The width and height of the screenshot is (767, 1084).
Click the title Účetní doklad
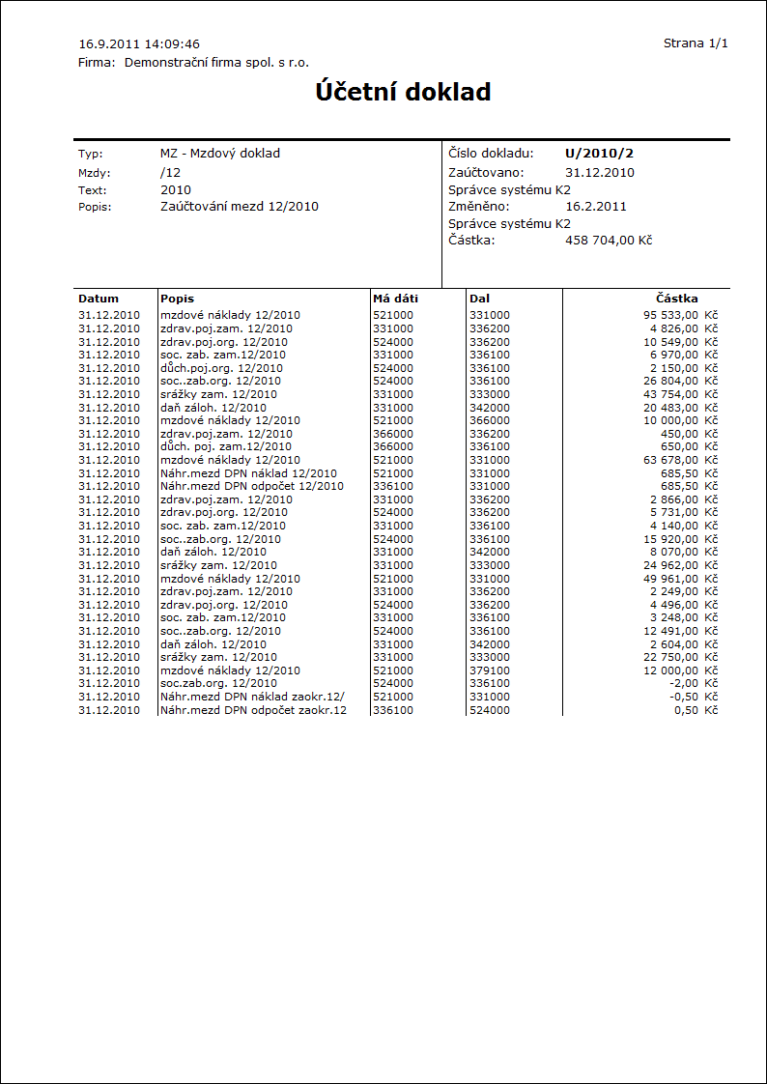403,92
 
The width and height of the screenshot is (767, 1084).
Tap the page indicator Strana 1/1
696,43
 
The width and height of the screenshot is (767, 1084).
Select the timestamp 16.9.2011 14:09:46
139,43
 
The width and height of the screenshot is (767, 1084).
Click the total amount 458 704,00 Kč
609,240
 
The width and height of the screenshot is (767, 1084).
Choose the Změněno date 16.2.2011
596,206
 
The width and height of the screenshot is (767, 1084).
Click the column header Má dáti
395,299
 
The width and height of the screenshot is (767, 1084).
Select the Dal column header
479,299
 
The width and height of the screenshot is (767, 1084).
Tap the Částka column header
676,299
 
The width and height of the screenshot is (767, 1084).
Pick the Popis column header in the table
178,299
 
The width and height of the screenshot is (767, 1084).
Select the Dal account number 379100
490,670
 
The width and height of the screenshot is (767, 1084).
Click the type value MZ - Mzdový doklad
220,153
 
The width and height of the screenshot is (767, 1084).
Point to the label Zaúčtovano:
486,172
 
